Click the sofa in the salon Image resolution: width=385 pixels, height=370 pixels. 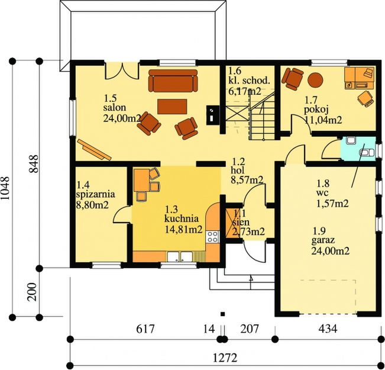click(x=173, y=81)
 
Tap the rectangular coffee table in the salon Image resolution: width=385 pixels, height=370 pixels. click(x=172, y=107)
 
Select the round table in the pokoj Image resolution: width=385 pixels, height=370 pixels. click(x=315, y=80)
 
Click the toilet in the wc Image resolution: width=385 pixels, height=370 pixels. click(x=367, y=153)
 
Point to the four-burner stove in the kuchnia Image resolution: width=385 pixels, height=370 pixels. click(x=212, y=237)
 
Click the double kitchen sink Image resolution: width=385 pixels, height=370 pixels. click(x=180, y=257)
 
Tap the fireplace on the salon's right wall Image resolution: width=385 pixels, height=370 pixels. click(x=213, y=115)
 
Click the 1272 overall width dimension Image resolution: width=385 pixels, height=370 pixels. click(x=225, y=358)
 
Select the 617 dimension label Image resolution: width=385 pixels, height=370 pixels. click(x=145, y=329)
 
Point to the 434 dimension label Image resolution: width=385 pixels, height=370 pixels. click(x=328, y=329)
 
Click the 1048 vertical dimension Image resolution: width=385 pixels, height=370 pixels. click(x=5, y=188)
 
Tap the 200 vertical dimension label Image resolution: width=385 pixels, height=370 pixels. click(x=32, y=292)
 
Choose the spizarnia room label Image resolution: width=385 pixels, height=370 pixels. click(x=96, y=194)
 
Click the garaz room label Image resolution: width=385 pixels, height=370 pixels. click(x=323, y=240)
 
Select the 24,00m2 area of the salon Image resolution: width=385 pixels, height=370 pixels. click(x=122, y=118)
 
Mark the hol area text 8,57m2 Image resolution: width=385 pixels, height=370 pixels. click(x=247, y=180)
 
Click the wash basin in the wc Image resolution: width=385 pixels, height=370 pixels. click(x=350, y=141)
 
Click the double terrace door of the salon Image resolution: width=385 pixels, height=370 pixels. click(x=122, y=71)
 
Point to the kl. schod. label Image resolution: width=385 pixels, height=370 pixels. click(x=250, y=81)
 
